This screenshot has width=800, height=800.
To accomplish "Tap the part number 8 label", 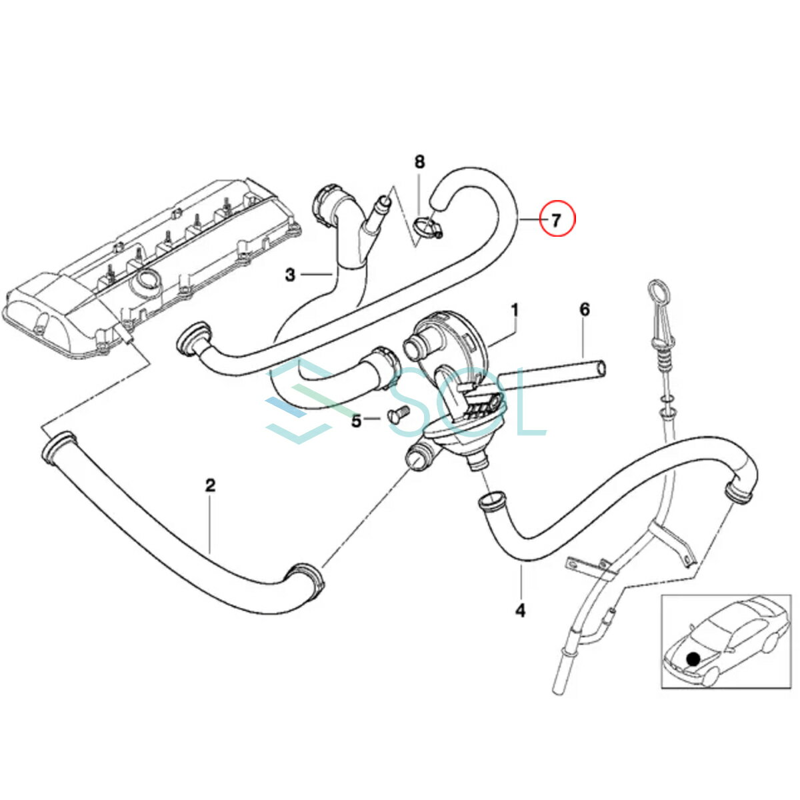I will tap(419, 161).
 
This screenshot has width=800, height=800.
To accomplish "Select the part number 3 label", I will tap(290, 274).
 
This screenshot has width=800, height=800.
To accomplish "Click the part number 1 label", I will tap(515, 310).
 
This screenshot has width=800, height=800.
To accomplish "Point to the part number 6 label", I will tap(585, 309).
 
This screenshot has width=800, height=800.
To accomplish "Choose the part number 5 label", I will tap(356, 421).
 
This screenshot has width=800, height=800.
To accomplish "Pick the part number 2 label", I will tap(211, 485).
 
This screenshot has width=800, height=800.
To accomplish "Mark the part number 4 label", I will tap(520, 609).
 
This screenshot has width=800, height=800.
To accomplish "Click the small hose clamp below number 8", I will tap(427, 229).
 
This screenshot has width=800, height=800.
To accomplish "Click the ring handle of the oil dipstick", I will tap(657, 294).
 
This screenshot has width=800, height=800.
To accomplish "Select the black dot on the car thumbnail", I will tap(693, 659).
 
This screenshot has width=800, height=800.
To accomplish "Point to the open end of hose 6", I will tap(601, 368).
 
